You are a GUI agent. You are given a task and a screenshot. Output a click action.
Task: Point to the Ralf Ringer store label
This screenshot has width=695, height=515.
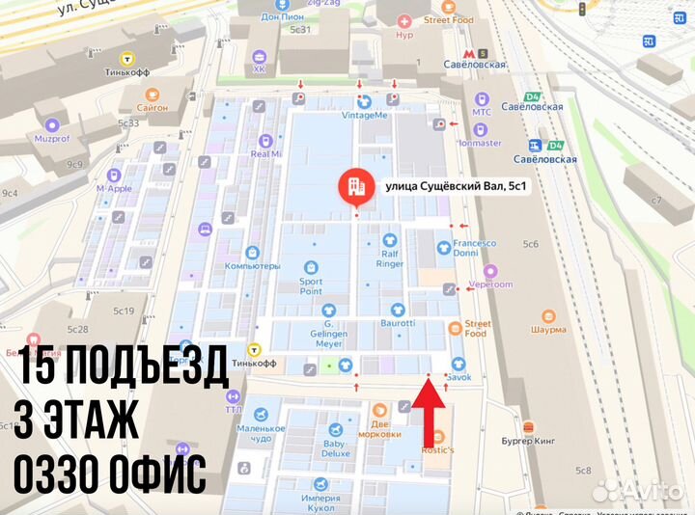[x=390, y=257]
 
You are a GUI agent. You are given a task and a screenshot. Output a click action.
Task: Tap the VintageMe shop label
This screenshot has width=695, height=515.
[x=365, y=115]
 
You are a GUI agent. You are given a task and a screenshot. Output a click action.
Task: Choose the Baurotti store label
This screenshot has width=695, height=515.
[x=397, y=322]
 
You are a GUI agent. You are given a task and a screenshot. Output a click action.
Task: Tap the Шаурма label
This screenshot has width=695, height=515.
[x=548, y=329]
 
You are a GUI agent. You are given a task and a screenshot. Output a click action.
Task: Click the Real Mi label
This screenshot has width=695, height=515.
[x=265, y=152]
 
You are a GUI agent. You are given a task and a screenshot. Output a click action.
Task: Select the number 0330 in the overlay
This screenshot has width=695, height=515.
[x=61, y=475]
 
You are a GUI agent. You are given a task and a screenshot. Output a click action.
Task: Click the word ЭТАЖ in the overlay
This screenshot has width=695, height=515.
[x=97, y=421]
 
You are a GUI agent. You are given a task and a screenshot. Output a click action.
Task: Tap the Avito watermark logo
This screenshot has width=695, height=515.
[x=637, y=490]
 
